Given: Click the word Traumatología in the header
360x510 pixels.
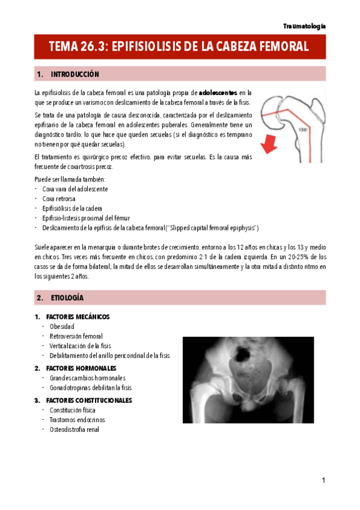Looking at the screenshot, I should point(304,26).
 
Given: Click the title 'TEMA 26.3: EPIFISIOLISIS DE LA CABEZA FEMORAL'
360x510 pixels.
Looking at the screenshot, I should point(179,46).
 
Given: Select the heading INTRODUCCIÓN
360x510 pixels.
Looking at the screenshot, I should point(75,75).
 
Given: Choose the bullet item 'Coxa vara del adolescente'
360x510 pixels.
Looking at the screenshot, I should point(75,189).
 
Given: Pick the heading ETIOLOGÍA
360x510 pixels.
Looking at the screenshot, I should point(67,298).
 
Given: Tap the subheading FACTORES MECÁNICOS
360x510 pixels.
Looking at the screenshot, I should point(77,317).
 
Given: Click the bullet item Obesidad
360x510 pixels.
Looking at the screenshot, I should point(62,327).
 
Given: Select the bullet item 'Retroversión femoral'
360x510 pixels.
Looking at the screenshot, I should point(76,336).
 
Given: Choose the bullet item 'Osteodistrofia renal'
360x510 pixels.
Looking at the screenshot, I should point(75,429).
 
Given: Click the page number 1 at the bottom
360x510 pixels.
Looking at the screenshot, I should point(323,481).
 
